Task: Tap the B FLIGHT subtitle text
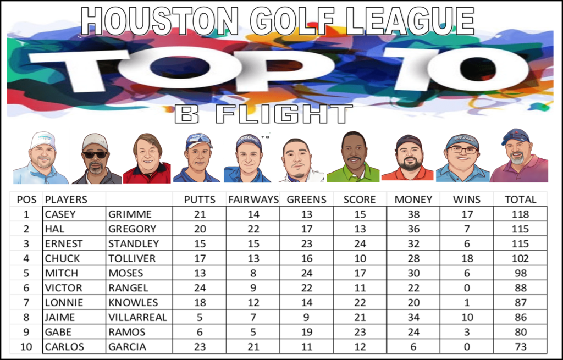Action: [x=263, y=114]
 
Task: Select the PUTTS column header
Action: [x=200, y=200]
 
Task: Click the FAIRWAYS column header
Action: [x=253, y=200]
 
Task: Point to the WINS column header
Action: [x=466, y=200]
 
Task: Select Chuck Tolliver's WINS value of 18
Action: [x=466, y=258]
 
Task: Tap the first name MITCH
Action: [x=61, y=273]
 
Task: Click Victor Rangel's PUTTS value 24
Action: [x=200, y=288]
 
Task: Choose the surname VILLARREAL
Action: [x=137, y=317]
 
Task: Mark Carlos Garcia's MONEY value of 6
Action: [x=413, y=347]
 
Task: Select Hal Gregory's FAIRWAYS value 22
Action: [x=253, y=229]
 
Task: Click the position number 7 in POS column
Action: [x=26, y=303]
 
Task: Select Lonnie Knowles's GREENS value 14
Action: [x=306, y=303]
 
